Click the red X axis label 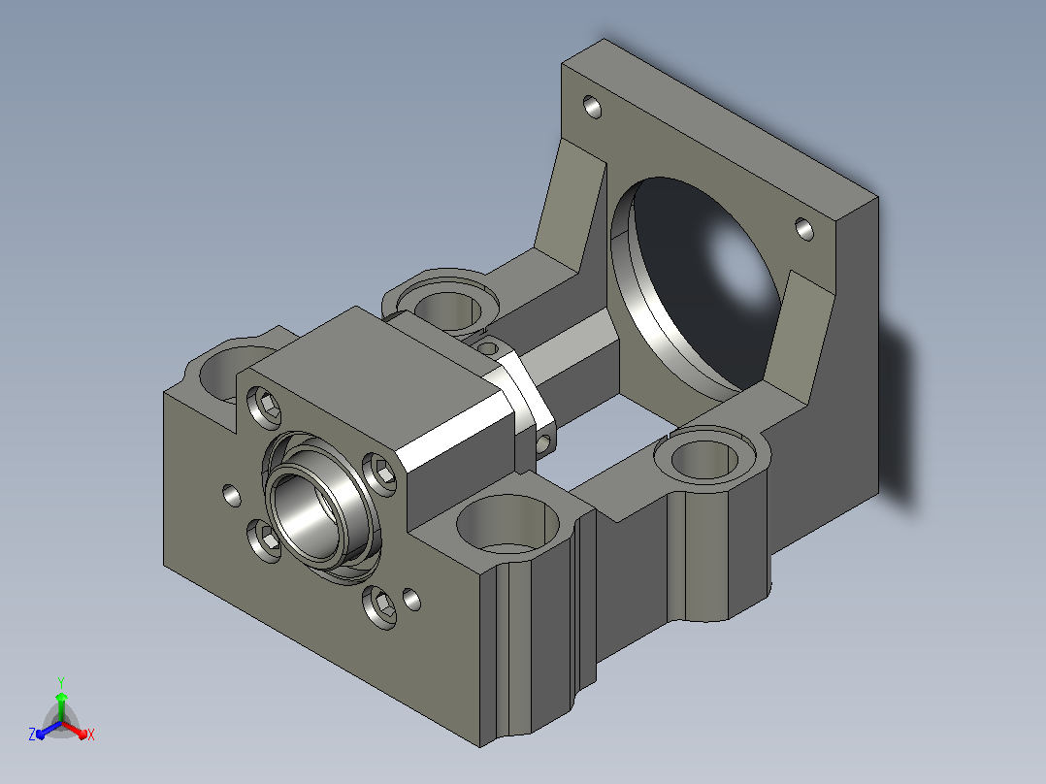click(x=91, y=735)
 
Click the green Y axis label click(x=61, y=682)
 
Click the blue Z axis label click(x=32, y=735)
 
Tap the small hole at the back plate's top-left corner click(x=592, y=107)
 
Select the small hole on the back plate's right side click(x=805, y=230)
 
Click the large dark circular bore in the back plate click(x=696, y=284)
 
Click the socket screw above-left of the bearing click(x=264, y=407)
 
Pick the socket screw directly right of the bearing click(x=379, y=474)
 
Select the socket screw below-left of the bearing click(x=264, y=539)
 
